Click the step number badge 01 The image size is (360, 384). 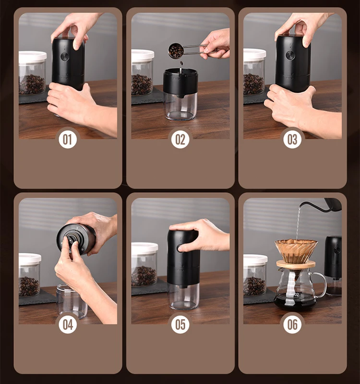[x=68, y=139]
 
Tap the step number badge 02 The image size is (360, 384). [x=180, y=139]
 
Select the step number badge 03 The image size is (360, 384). [x=292, y=139]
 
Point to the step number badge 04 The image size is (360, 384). [x=68, y=324]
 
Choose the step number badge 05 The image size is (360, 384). [x=180, y=324]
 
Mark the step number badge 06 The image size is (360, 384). [x=292, y=324]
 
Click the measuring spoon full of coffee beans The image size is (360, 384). [x=176, y=50]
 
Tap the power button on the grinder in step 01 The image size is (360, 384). [x=65, y=56]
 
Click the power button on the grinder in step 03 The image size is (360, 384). [x=290, y=55]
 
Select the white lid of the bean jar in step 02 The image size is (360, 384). [x=143, y=55]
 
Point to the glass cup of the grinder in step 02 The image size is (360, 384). [x=181, y=106]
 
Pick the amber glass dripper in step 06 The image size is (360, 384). [x=296, y=250]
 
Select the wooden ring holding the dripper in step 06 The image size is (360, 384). [x=296, y=264]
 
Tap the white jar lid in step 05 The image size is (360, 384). [x=144, y=248]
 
